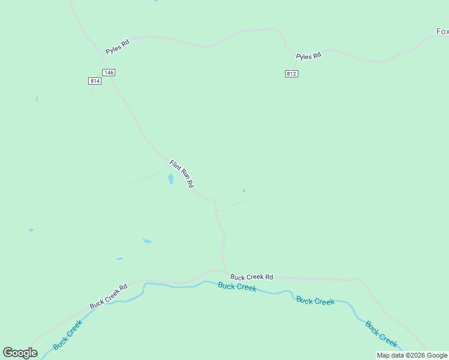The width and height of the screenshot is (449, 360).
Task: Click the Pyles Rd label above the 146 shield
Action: click(x=118, y=47)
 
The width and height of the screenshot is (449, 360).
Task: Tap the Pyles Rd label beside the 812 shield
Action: click(x=309, y=56)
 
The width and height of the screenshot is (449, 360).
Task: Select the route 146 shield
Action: click(x=108, y=73)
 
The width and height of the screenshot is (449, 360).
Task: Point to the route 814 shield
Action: click(x=94, y=81)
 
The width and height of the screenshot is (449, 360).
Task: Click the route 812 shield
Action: click(x=291, y=74)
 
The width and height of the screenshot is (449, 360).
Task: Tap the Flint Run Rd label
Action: click(x=181, y=174)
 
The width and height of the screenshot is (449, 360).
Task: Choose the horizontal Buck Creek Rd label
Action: click(x=252, y=277)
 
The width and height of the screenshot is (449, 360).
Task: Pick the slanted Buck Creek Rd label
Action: click(x=109, y=296)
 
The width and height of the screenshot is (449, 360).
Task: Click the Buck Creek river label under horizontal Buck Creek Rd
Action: click(x=237, y=287)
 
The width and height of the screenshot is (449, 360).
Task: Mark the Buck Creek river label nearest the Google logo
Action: click(x=67, y=335)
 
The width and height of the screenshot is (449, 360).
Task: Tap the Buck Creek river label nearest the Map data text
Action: click(x=381, y=334)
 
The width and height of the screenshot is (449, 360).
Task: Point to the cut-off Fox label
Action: click(x=442, y=31)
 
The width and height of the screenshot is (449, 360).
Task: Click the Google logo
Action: click(x=20, y=353)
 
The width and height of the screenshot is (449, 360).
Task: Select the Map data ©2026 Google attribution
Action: click(x=412, y=356)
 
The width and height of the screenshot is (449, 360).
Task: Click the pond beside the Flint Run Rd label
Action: click(x=171, y=179)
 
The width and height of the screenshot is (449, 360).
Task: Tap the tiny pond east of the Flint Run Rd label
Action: click(x=244, y=191)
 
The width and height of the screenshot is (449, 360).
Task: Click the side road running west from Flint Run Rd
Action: click(x=147, y=177)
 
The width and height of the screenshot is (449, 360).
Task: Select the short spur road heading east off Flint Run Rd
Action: click(x=233, y=205)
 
